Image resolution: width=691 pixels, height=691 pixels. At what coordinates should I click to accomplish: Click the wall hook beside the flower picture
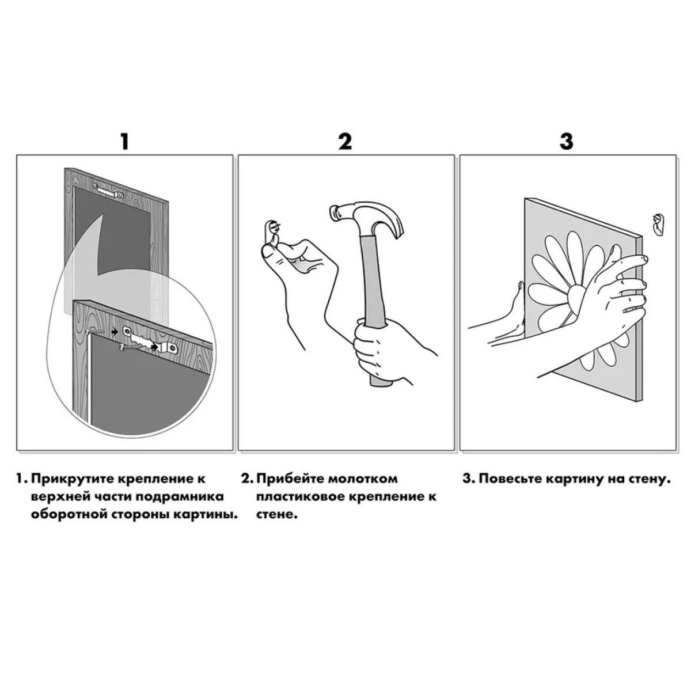pos(658,225)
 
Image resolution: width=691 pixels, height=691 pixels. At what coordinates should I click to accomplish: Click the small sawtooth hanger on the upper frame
pos(108,191)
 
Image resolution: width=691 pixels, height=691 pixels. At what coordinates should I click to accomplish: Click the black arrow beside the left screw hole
pos(115,332)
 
